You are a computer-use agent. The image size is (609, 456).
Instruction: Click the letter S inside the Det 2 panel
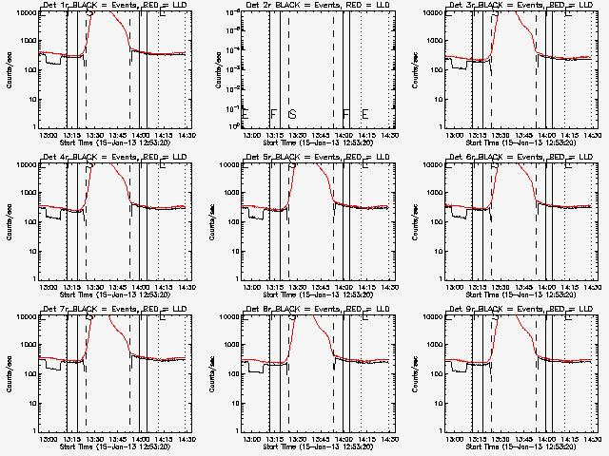pos(292,114)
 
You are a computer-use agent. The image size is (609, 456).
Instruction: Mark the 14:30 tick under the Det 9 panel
pos(592,439)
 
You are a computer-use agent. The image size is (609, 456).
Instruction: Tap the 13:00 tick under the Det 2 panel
pos(251,135)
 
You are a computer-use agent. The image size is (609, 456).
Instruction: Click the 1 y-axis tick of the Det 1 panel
pos(35,126)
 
